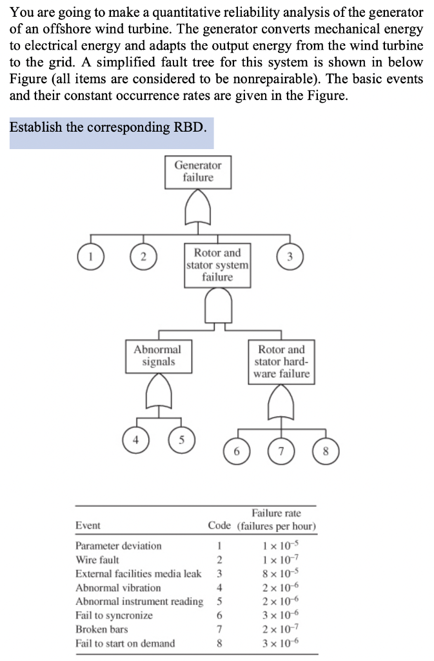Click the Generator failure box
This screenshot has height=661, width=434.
pyautogui.click(x=197, y=172)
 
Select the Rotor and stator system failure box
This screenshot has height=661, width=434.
pyautogui.click(x=217, y=265)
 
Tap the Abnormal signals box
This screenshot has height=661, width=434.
pyautogui.click(x=157, y=356)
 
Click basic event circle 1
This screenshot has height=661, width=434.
pyautogui.click(x=91, y=256)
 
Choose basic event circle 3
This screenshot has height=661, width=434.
pyautogui.click(x=290, y=256)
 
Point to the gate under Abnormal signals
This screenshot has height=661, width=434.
pyautogui.click(x=157, y=393)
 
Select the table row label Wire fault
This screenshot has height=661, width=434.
pyautogui.click(x=97, y=560)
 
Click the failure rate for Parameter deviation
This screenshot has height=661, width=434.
pyautogui.click(x=277, y=546)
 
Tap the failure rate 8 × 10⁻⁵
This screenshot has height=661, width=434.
pyautogui.click(x=277, y=574)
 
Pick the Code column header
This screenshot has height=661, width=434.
pyautogui.click(x=219, y=526)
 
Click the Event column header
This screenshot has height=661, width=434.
pyautogui.click(x=88, y=526)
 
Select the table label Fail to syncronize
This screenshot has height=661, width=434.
pyautogui.click(x=114, y=615)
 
